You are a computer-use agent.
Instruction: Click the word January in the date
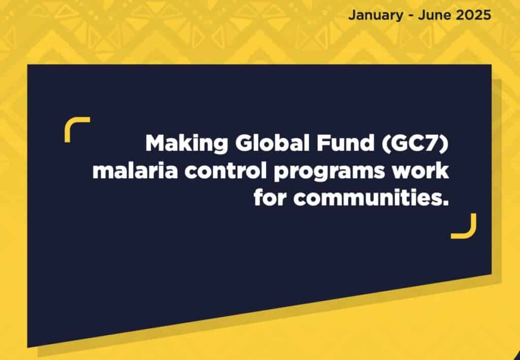(376, 15)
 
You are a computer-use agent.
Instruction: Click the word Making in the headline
(187, 144)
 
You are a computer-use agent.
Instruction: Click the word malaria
(135, 172)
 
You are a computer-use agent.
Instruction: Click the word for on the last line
(270, 198)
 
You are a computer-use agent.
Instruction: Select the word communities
(367, 198)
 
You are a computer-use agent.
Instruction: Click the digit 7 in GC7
(433, 143)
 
